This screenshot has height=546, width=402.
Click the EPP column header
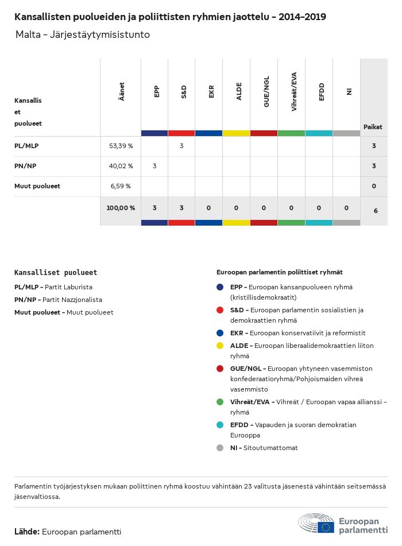[157, 92]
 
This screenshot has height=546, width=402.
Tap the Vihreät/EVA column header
[294, 92]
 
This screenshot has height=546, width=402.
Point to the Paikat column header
[373, 127]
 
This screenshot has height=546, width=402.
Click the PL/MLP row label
[26, 146]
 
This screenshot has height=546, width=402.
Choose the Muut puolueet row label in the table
[37, 186]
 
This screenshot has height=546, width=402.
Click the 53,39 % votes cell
[121, 146]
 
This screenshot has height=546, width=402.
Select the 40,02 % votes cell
[121, 166]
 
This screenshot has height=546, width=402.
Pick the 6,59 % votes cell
[121, 186]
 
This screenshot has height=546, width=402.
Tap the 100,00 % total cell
[121, 208]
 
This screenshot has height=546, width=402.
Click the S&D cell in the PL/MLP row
[181, 146]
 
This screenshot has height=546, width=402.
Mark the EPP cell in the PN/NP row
[154, 166]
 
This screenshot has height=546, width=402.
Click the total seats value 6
[375, 211]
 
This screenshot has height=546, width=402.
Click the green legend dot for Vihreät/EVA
[220, 402]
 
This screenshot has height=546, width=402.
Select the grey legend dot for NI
[220, 448]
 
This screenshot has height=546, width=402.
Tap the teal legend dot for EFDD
[220, 425]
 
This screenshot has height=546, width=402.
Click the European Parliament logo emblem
[316, 524]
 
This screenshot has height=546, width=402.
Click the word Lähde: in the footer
[27, 532]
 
